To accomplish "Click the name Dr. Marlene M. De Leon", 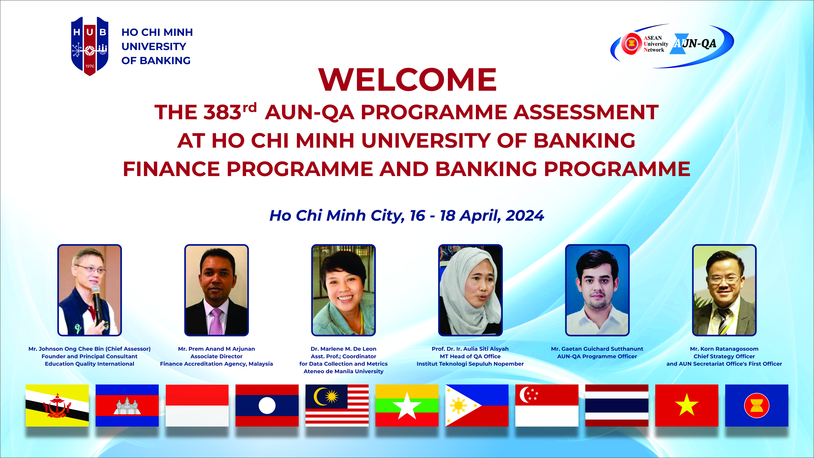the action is coord(343,349).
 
